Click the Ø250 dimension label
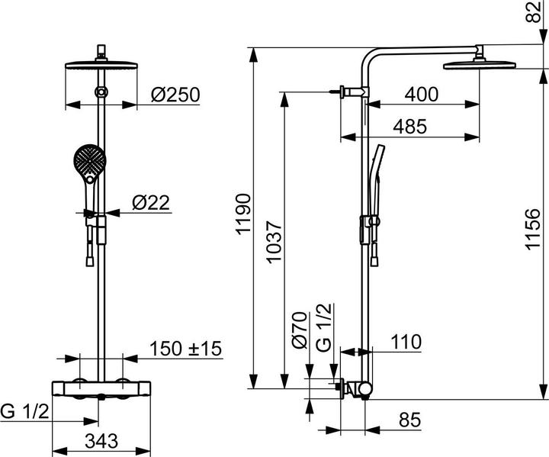click(x=175, y=95)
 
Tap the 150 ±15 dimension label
click(x=185, y=349)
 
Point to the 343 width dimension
click(x=99, y=440)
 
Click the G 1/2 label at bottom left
click(x=25, y=412)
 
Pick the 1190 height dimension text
click(x=243, y=217)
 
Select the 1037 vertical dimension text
click(x=274, y=245)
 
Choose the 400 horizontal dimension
click(x=421, y=95)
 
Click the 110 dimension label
click(x=406, y=343)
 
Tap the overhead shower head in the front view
click(x=100, y=64)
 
